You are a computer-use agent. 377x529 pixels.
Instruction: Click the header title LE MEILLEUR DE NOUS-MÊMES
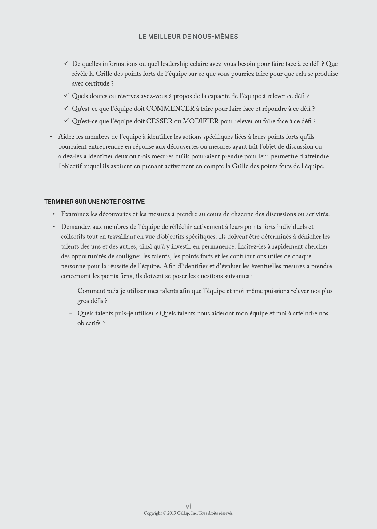(x=188, y=37)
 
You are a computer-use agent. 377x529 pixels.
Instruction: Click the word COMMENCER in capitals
(x=170, y=109)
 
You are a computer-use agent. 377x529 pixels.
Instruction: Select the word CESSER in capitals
(x=159, y=121)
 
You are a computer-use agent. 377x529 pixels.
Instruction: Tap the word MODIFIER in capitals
(x=200, y=121)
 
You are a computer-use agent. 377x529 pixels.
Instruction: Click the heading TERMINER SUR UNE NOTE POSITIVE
(x=94, y=202)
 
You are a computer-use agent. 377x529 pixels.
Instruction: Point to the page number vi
(x=188, y=506)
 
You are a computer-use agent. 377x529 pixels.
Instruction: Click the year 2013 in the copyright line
(x=172, y=513)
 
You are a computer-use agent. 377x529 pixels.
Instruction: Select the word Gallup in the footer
(x=183, y=513)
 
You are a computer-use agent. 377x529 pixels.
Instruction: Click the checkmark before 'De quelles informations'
(x=66, y=63)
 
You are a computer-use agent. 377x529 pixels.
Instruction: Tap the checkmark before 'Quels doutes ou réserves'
(x=66, y=96)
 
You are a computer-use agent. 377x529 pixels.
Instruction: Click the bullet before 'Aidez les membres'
(x=51, y=137)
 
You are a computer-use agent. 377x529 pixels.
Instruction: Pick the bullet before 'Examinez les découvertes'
(x=54, y=214)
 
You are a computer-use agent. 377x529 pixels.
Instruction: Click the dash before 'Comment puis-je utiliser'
(x=71, y=291)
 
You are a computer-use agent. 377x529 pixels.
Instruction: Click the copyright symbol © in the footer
(x=165, y=513)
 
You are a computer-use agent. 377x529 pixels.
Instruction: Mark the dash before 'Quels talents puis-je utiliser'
(x=71, y=314)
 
